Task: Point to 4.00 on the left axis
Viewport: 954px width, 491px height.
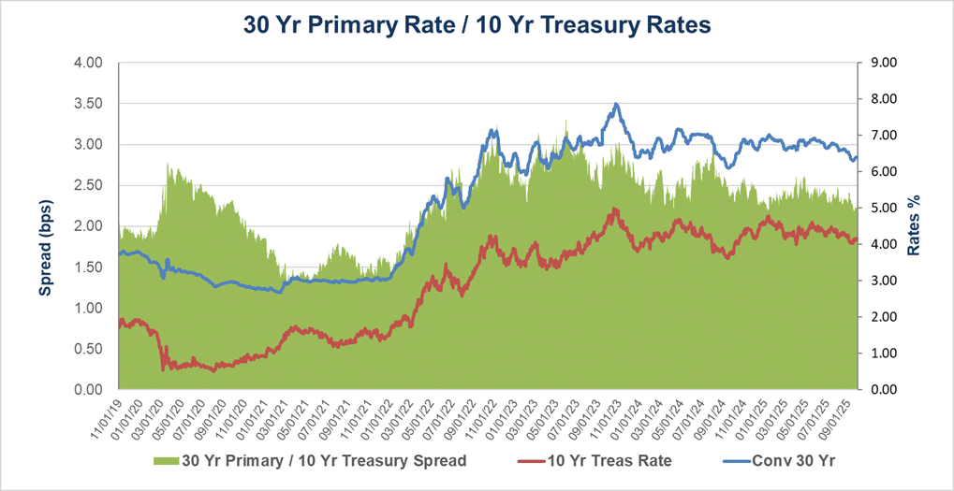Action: coord(90,64)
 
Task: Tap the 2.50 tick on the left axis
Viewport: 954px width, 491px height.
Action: coord(90,185)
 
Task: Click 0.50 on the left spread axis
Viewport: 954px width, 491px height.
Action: coord(90,349)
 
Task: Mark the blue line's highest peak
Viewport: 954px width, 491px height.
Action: coord(615,104)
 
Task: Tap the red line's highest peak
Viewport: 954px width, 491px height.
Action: coord(614,209)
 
